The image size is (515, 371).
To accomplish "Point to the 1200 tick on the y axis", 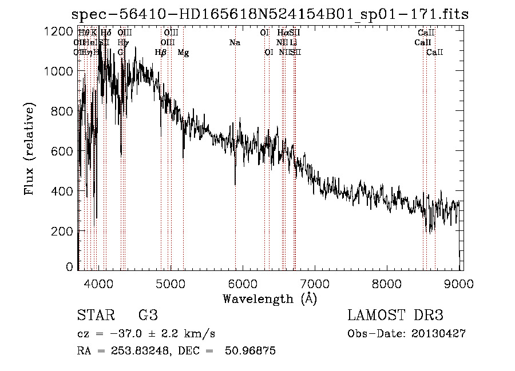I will point(58,31).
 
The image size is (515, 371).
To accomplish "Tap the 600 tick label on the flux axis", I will point(58,151).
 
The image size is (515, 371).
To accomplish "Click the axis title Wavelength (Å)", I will point(270,298).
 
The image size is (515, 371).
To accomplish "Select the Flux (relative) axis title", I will point(29,149).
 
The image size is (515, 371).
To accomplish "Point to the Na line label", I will point(235,43).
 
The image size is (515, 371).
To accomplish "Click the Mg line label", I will point(183,53).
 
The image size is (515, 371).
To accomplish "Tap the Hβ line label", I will point(161,53).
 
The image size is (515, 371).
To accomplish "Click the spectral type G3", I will point(148,316).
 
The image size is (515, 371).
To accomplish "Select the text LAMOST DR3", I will point(395,316).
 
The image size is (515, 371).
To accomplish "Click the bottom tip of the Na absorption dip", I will point(235,185).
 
